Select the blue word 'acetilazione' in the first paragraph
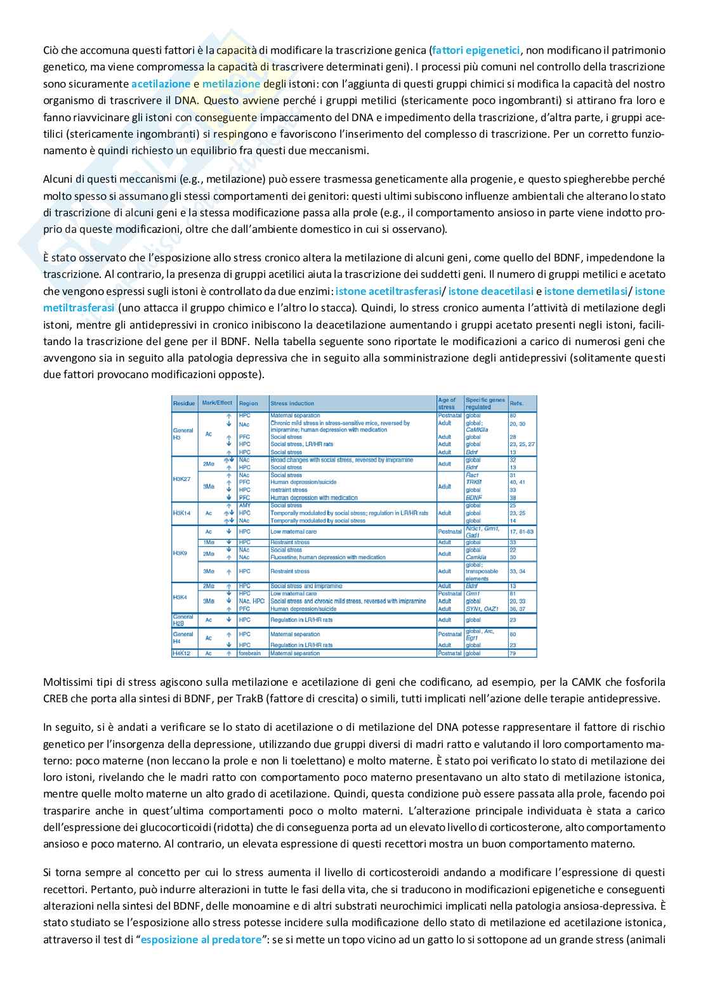(161, 84)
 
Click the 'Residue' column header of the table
(184, 403)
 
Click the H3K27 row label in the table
(181, 479)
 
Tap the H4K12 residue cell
(181, 653)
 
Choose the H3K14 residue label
(181, 513)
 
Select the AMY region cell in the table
(245, 506)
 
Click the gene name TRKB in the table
(473, 482)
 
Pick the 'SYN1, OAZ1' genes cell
(479, 609)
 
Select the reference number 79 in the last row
(513, 653)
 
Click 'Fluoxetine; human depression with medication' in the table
(328, 558)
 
